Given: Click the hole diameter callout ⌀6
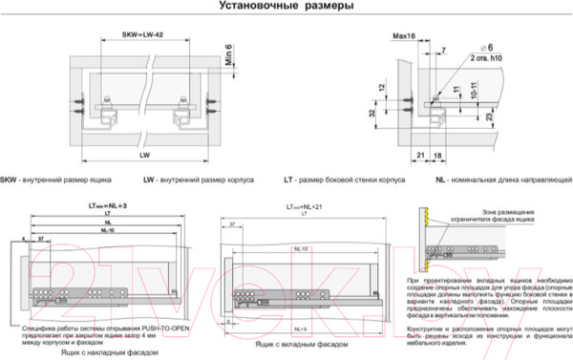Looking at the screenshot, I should coord(486,47).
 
